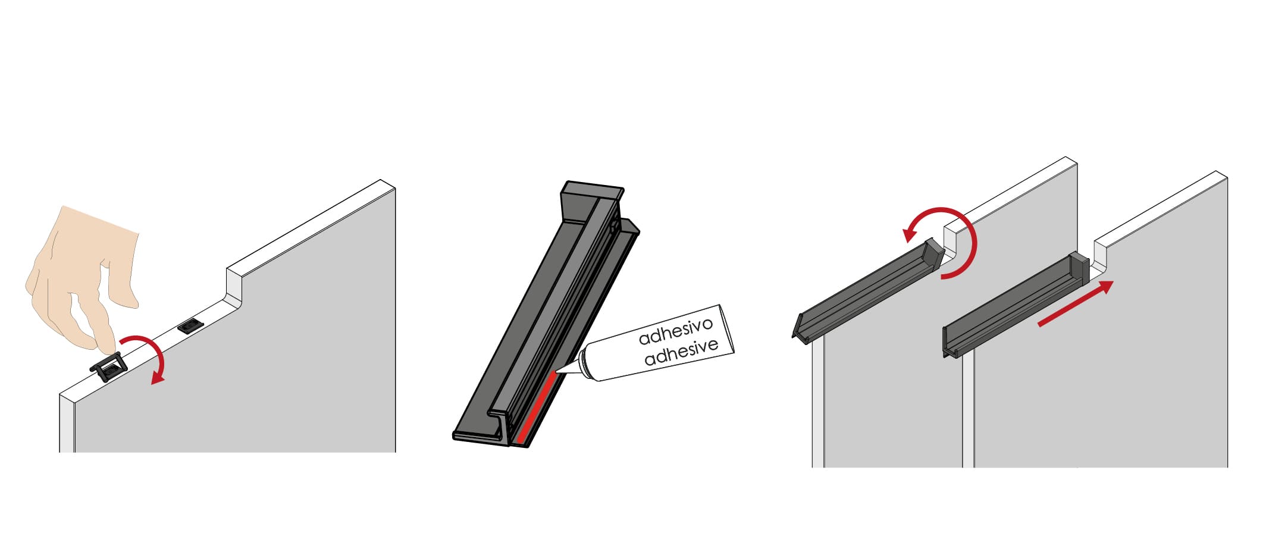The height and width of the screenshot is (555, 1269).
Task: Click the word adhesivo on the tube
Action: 675,332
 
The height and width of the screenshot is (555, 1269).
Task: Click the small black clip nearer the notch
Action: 190,326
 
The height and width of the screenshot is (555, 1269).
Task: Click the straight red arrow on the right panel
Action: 1076,303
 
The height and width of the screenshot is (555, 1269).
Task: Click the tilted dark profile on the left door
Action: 869,291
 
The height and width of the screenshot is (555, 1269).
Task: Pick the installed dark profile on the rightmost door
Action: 1016,305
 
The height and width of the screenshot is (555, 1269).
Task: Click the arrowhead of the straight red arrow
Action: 1105,288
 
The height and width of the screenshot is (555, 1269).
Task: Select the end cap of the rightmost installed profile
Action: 1079,266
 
